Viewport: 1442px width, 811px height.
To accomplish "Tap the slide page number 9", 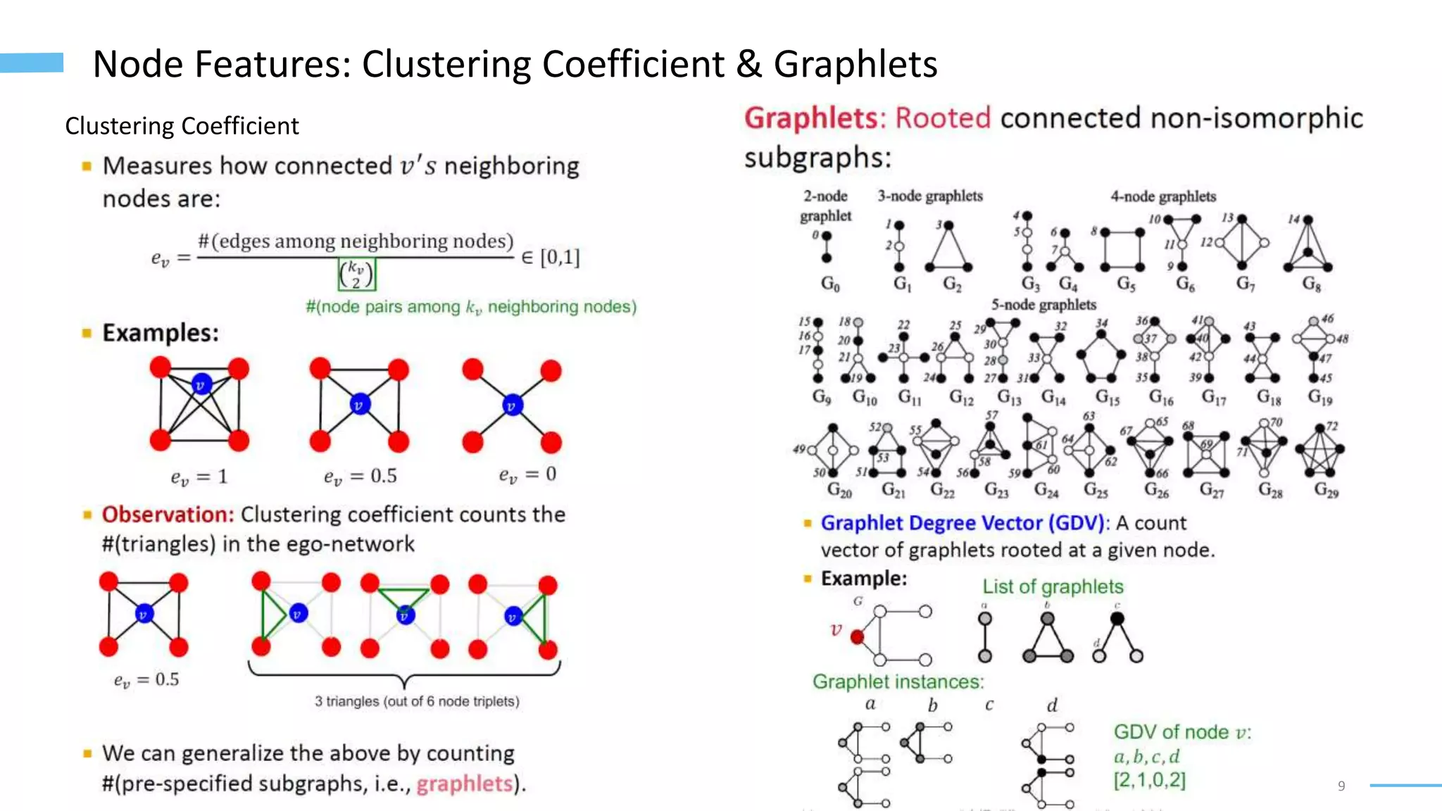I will (x=1341, y=786).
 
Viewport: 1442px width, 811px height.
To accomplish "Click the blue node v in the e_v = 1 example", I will (x=201, y=384).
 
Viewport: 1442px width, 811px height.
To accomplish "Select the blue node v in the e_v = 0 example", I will (x=512, y=405).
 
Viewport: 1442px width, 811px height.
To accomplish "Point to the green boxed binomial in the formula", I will (x=357, y=274).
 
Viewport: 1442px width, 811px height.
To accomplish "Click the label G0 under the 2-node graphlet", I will (x=830, y=284).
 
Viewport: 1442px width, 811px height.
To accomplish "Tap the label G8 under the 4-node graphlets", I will (x=1311, y=284).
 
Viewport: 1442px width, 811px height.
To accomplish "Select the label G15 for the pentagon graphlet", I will (x=1107, y=397).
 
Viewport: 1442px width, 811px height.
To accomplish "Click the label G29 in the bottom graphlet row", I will (x=1327, y=490).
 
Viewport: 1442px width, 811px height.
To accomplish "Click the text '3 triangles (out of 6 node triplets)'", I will (x=417, y=701).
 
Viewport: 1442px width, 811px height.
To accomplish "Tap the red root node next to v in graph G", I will (x=857, y=637).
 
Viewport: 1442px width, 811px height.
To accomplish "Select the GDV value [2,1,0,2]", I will (x=1149, y=780).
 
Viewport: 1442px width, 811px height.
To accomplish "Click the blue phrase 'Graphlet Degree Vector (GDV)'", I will (x=965, y=523).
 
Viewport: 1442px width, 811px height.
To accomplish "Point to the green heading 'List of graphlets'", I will (x=1053, y=586).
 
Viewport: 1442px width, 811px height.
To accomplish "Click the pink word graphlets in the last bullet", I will (x=464, y=784).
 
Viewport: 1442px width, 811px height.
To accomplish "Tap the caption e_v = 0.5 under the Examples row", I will (x=360, y=477).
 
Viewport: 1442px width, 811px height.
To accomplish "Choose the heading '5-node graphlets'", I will (x=1043, y=305).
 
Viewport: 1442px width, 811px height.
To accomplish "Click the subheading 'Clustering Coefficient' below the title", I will (x=182, y=126).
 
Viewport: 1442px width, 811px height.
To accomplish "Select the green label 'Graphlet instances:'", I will (x=898, y=681).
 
